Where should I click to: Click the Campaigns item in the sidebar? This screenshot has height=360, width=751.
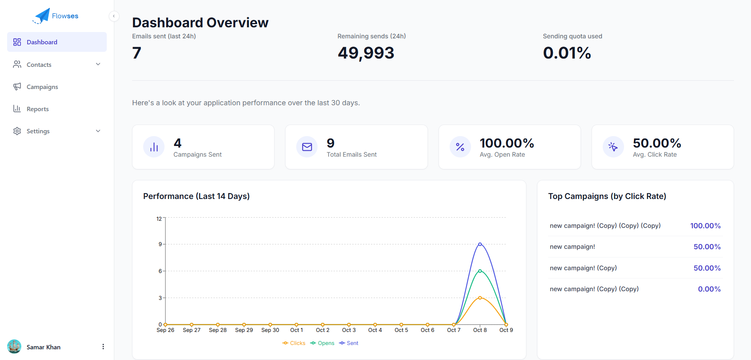(x=42, y=87)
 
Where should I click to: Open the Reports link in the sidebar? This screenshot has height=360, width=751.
(x=38, y=109)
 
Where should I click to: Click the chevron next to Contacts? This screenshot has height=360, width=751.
(x=98, y=64)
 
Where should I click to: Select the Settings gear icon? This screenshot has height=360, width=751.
(x=17, y=131)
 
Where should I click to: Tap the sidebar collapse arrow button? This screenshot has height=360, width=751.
(x=114, y=16)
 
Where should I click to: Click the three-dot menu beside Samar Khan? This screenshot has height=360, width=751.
(x=103, y=347)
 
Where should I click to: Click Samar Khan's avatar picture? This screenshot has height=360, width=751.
(x=14, y=347)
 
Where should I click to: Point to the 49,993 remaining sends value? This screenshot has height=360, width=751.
(x=366, y=53)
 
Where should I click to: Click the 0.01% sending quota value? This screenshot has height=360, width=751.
(x=567, y=53)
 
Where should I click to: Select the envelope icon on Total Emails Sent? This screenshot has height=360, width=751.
(x=307, y=147)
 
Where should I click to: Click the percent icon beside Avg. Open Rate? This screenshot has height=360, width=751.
(x=460, y=147)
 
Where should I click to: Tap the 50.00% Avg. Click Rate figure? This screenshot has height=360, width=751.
(x=656, y=143)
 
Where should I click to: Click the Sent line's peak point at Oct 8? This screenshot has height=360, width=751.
(x=480, y=244)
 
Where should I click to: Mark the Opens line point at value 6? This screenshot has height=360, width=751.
(x=480, y=271)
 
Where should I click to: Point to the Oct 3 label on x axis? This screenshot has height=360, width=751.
(x=349, y=330)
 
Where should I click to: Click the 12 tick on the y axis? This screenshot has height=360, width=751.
(x=159, y=219)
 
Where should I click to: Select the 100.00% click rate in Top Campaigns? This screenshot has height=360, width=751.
(x=705, y=225)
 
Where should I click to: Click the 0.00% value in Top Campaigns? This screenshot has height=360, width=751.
(x=709, y=289)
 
